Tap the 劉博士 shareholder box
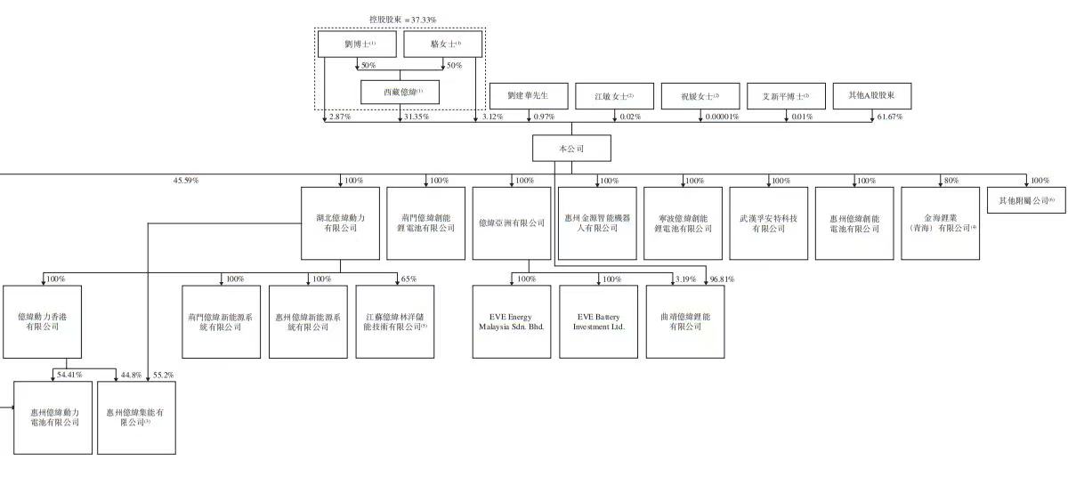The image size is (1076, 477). click(x=359, y=44)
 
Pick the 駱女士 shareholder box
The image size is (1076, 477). click(x=443, y=44)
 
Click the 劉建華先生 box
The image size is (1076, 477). click(x=528, y=96)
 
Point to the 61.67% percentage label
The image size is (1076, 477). click(x=889, y=117)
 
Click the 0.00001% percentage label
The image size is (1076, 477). click(x=721, y=117)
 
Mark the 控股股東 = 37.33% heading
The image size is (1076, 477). click(x=403, y=20)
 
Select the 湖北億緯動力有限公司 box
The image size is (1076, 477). click(x=341, y=222)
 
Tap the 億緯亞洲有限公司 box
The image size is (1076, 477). click(x=512, y=222)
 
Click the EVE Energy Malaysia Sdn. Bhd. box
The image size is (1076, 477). click(x=512, y=321)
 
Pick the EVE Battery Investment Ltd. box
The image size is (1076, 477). click(x=598, y=321)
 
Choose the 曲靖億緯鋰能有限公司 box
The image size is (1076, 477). click(x=684, y=321)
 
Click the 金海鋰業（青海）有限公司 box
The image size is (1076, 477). click(x=940, y=222)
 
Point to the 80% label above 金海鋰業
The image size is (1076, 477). click(x=951, y=181)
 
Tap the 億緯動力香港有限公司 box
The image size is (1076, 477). click(x=42, y=321)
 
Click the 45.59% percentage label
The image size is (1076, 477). click(x=185, y=181)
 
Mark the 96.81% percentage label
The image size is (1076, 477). click(x=722, y=279)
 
